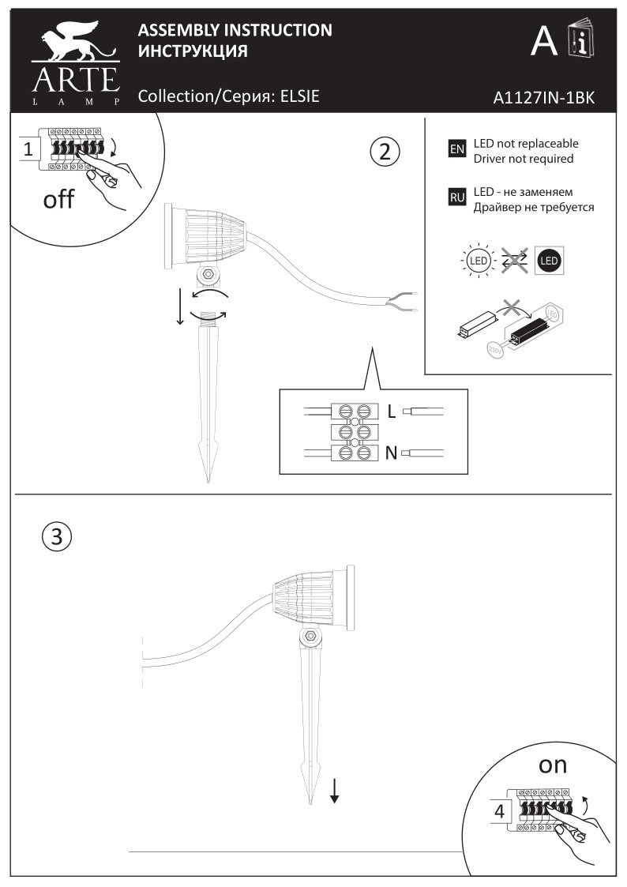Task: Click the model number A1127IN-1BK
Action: click(x=543, y=98)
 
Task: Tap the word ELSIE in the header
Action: click(x=300, y=96)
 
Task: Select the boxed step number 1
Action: click(x=28, y=148)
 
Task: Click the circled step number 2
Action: click(x=385, y=150)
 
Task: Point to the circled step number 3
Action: click(x=55, y=537)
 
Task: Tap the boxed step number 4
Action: click(x=499, y=810)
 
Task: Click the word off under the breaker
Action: click(x=58, y=199)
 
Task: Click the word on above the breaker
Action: click(x=553, y=765)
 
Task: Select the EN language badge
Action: click(x=456, y=149)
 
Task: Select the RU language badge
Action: click(x=456, y=197)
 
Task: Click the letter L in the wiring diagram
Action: click(x=391, y=411)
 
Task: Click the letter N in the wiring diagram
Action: click(x=391, y=453)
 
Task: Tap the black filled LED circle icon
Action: click(x=550, y=260)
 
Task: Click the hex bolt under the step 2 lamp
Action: click(x=208, y=273)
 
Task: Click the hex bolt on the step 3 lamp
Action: click(x=310, y=637)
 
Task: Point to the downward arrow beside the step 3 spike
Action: click(x=334, y=790)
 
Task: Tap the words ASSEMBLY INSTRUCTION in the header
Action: click(x=235, y=31)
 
